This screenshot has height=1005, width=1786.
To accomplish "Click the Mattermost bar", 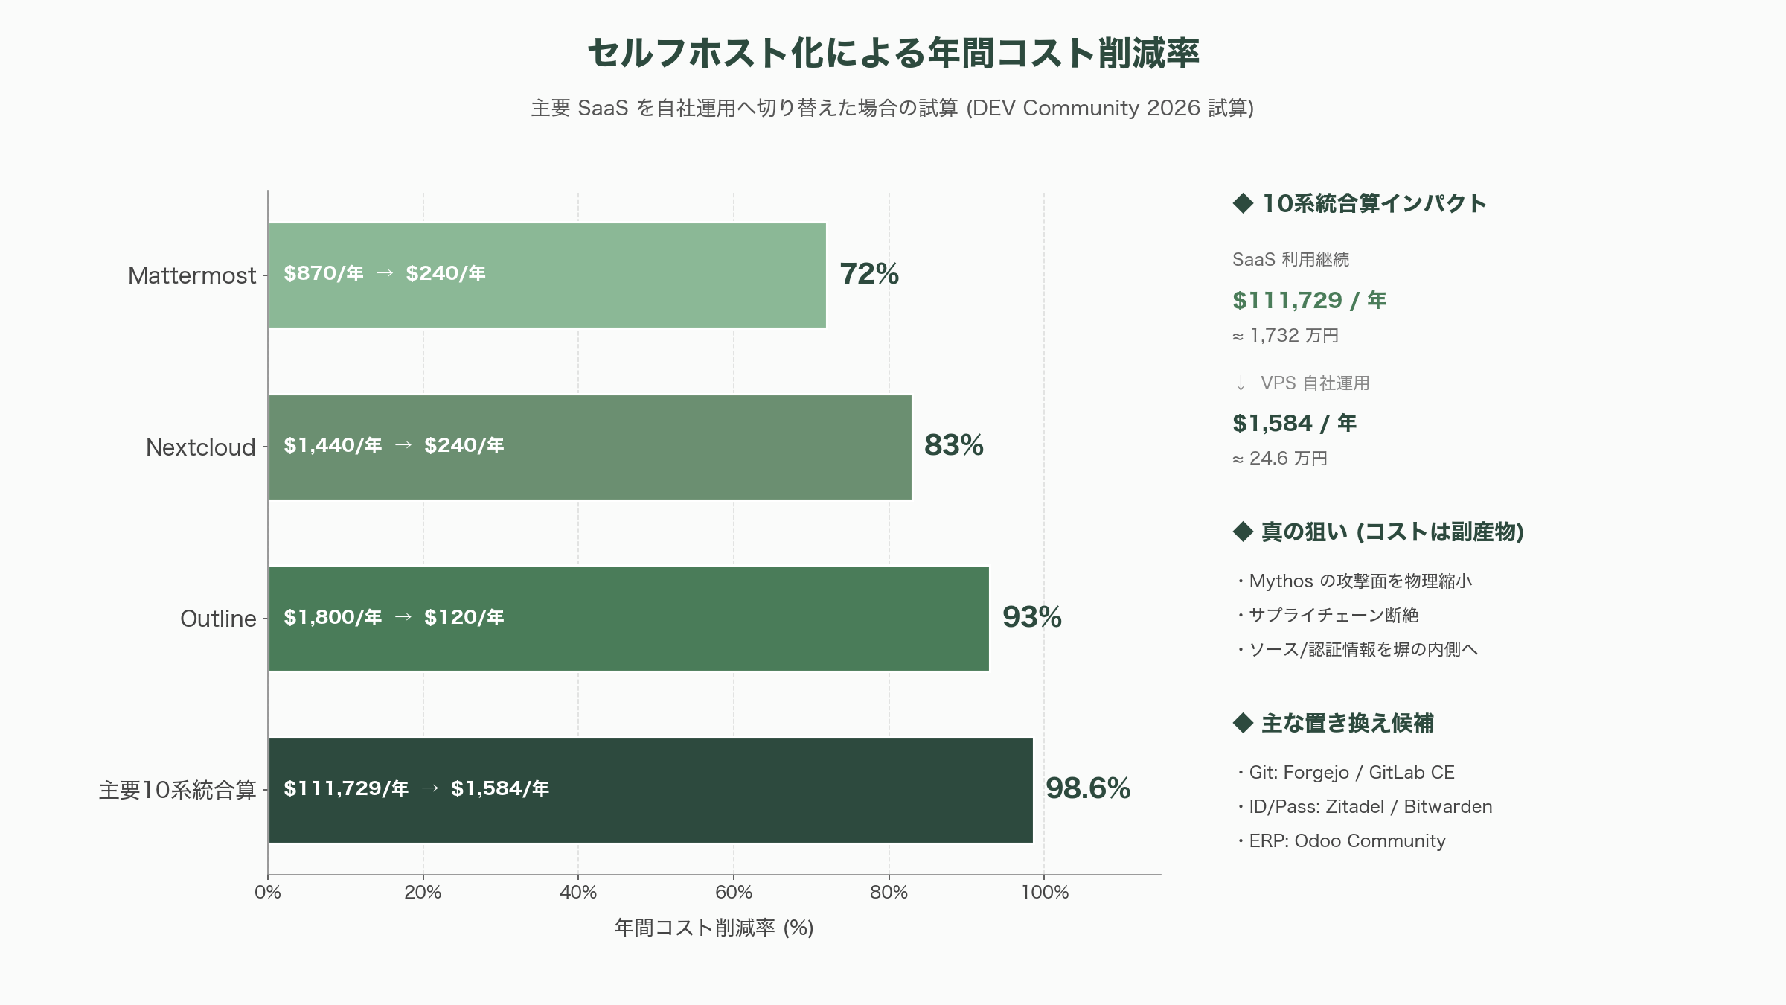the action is pyautogui.click(x=547, y=275).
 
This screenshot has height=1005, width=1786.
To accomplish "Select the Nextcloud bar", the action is pyautogui.click(x=590, y=447).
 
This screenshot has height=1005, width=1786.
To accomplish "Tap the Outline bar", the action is pyautogui.click(x=629, y=619).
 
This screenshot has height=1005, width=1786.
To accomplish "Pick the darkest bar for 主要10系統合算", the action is pyautogui.click(x=650, y=791).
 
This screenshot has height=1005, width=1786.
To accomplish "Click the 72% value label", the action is pyautogui.click(x=869, y=274).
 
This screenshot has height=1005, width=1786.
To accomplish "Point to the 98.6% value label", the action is pyautogui.click(x=1088, y=788).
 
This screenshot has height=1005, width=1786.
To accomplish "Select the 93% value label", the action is pyautogui.click(x=1032, y=617).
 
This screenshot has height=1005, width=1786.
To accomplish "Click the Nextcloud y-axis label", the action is pyautogui.click(x=201, y=447).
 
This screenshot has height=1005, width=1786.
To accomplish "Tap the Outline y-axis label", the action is pyautogui.click(x=218, y=619).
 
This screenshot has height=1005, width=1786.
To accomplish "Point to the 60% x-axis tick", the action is pyautogui.click(x=734, y=892).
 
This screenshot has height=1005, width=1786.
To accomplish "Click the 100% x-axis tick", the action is pyautogui.click(x=1045, y=892).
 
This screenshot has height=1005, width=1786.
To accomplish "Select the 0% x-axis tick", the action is pyautogui.click(x=268, y=892).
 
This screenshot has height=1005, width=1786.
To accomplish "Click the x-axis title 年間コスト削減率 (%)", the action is pyautogui.click(x=714, y=928).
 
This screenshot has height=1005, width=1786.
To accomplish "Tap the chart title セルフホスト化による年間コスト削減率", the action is pyautogui.click(x=893, y=54).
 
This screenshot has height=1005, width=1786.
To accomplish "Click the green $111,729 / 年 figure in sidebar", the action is pyautogui.click(x=1310, y=300).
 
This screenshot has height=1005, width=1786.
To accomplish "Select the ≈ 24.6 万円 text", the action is pyautogui.click(x=1280, y=459).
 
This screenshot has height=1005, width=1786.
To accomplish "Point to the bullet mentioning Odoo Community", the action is pyautogui.click(x=1341, y=841).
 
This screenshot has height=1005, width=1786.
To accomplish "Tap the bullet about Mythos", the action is pyautogui.click(x=1354, y=581).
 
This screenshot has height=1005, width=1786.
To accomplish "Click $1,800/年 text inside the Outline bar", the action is pyautogui.click(x=333, y=617).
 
